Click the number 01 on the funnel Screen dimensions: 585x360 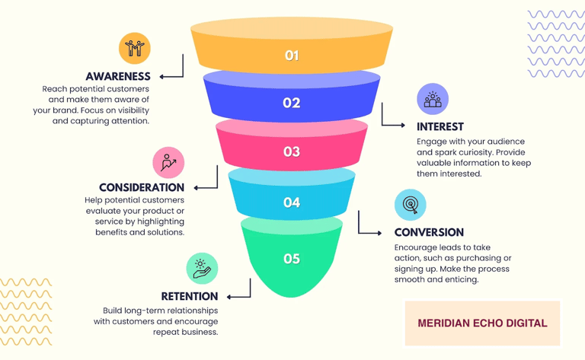point(292,56)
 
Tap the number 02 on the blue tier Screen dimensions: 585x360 point(292,103)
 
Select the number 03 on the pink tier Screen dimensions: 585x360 point(292,151)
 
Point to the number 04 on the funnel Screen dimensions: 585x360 point(292,202)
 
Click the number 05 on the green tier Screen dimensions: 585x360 point(292,259)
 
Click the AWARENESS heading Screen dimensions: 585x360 point(118,76)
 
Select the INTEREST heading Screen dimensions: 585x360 point(440,126)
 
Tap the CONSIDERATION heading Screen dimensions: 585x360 point(142,187)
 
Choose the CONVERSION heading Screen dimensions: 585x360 point(429,232)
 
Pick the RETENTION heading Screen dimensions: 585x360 point(190,296)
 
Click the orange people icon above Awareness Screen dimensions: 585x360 point(135,48)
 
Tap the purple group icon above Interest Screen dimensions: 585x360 point(433,99)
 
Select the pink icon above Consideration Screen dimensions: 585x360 point(168,162)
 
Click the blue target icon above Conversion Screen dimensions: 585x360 point(410,205)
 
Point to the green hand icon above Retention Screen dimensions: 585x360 point(202,269)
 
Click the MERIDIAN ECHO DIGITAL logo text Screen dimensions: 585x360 point(482,323)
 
